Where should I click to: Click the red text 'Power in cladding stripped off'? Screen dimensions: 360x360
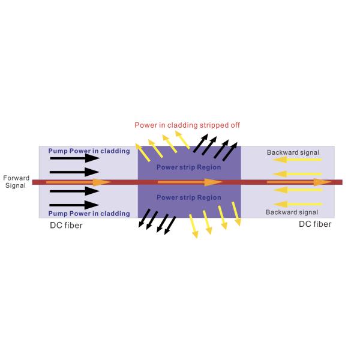[x=188, y=125]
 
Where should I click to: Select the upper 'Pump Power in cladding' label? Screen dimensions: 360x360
[x=89, y=151]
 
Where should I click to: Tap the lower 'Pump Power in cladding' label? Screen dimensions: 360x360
[x=89, y=214]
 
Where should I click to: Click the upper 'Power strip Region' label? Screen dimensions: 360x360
[x=188, y=166]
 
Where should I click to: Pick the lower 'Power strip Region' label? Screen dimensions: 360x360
[x=188, y=197]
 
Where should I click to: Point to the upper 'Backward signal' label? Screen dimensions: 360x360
[x=292, y=152]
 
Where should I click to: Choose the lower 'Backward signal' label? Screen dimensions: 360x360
[x=292, y=212]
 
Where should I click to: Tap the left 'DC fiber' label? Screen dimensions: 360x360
[x=66, y=226]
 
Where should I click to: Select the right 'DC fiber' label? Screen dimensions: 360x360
[x=315, y=224]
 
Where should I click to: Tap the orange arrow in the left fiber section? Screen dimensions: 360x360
[x=78, y=182]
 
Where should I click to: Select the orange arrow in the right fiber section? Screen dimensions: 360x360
[x=299, y=182]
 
